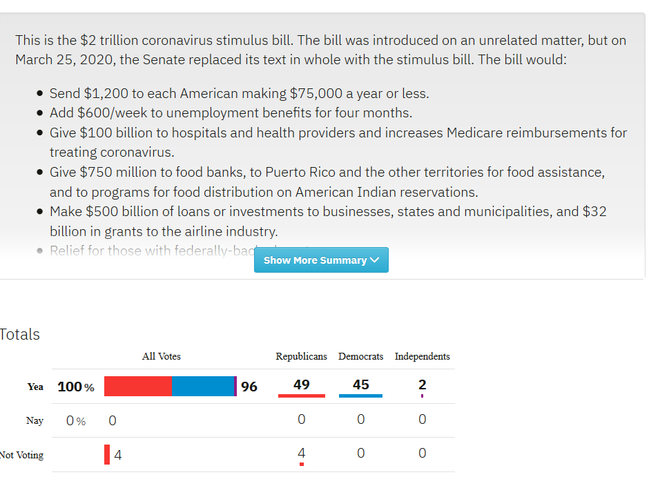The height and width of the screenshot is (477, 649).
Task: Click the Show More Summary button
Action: pos(321,260)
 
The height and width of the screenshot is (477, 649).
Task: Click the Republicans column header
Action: pos(301,356)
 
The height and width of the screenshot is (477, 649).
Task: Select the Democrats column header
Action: pos(360,356)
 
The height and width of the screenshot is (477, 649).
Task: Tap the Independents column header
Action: pos(422,356)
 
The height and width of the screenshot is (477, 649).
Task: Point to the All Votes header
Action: pos(161,356)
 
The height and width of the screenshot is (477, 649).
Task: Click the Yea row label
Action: pos(35,387)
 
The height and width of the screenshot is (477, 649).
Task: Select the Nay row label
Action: pos(35,420)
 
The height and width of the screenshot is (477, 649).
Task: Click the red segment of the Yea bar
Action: pos(138,387)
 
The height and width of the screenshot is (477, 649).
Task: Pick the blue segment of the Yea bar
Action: pos(203,387)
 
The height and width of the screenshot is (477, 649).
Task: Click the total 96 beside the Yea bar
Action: pos(249,387)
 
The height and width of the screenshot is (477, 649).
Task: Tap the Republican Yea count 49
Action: pos(301,384)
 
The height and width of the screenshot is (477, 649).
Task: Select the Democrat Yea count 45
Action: pos(360,384)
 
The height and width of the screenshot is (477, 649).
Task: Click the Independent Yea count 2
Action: pos(422,384)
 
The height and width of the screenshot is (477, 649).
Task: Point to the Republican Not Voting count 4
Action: pos(301,453)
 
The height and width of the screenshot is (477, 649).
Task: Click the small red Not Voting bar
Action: pos(107,455)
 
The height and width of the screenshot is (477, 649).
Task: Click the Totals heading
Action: pos(20,335)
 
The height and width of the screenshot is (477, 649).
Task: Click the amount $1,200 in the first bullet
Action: pos(106,93)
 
